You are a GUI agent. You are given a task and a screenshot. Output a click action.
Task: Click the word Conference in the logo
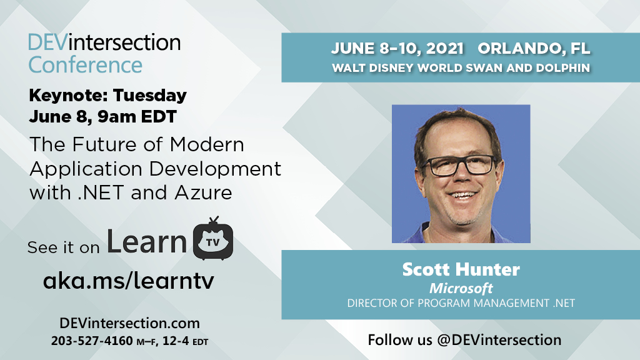[x=86, y=64]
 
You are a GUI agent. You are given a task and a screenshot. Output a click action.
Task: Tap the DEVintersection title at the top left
[x=104, y=42]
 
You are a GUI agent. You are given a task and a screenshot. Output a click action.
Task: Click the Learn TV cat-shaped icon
[x=214, y=241]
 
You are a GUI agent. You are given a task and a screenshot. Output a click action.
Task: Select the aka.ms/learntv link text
[x=128, y=281]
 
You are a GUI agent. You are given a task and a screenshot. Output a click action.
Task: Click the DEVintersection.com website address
[x=129, y=323]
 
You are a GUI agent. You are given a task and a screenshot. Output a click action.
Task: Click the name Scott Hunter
[x=461, y=270]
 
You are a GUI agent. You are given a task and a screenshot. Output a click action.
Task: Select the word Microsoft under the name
[x=461, y=288]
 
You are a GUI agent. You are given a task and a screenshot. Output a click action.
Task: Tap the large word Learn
[x=147, y=241]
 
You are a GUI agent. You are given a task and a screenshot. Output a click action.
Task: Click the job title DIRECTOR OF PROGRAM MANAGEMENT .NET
[x=461, y=303]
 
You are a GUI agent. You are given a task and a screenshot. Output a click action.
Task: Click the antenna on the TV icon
[x=214, y=221]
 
